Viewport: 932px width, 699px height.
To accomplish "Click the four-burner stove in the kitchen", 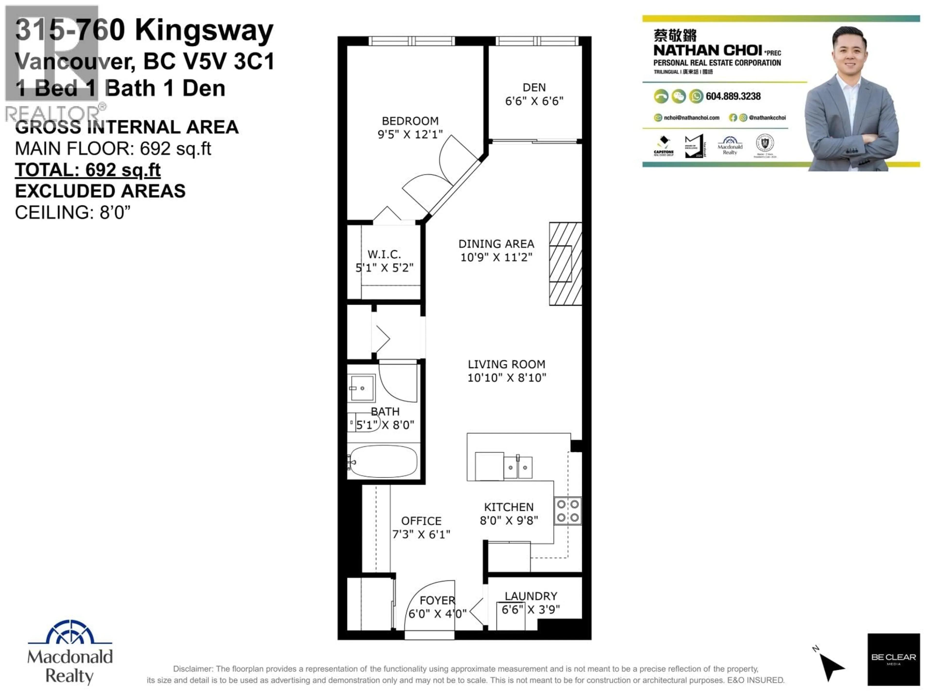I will point(567,511).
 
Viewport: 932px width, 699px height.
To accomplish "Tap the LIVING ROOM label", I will point(507,364).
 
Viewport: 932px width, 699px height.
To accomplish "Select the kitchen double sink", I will point(518,467).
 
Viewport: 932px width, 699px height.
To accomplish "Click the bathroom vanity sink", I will point(361,388).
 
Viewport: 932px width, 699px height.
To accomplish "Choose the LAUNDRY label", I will point(531,596).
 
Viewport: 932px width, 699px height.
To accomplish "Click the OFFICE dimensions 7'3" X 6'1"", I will point(421,534).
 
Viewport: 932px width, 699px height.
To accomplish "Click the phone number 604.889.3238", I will point(733,96).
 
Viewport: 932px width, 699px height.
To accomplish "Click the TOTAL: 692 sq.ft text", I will point(88,170).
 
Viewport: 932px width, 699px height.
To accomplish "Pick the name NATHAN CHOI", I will point(708,50).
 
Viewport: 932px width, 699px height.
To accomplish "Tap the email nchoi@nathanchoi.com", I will point(691,117).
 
